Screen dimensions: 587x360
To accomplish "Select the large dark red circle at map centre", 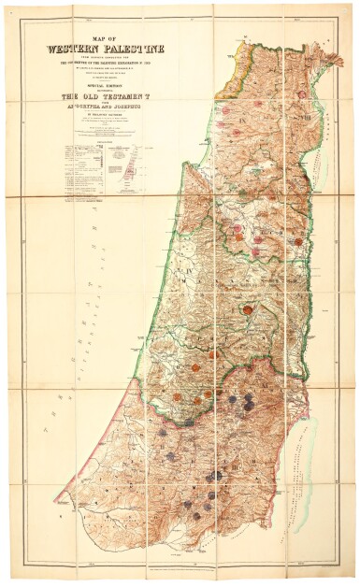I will (248, 308).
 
